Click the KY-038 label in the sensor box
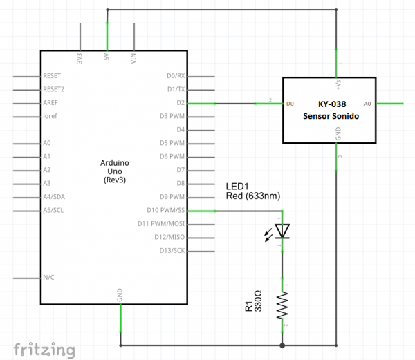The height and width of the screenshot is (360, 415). [330, 104]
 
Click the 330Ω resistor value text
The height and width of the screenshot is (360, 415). [258, 305]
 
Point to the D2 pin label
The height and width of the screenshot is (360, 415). [181, 102]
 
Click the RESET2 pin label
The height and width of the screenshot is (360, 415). [53, 89]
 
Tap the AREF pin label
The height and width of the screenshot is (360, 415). [50, 102]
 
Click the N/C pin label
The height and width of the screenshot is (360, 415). [48, 277]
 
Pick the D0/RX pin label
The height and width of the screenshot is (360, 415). [176, 76]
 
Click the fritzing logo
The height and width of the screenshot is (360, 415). [43, 348]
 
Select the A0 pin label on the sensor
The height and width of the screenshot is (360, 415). [368, 103]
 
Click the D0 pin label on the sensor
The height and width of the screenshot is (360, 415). [290, 103]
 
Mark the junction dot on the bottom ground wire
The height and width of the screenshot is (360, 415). [282, 345]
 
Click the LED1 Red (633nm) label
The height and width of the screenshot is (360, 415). [253, 191]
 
